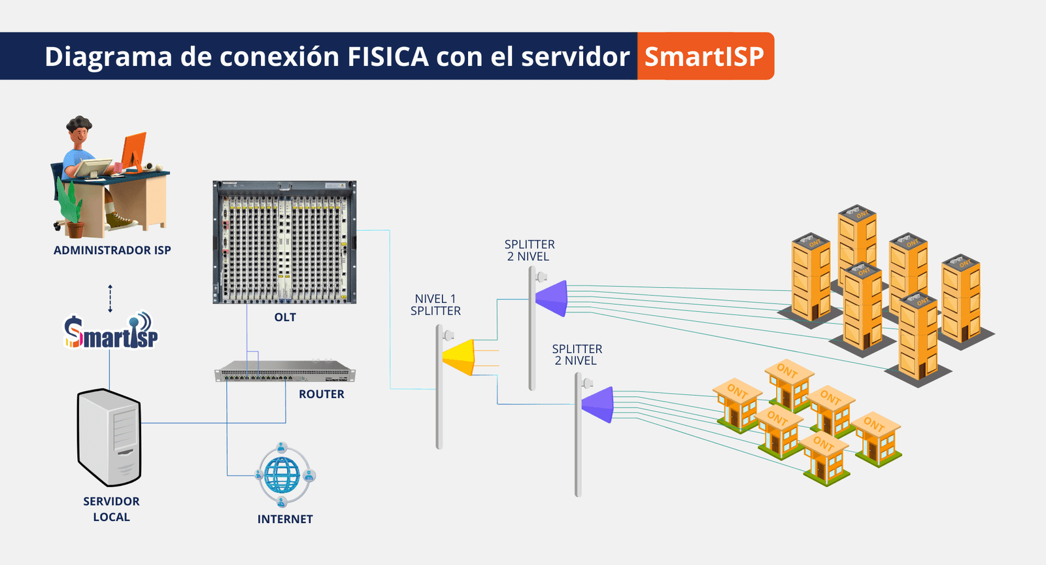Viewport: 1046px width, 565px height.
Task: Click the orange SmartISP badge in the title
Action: (705, 56)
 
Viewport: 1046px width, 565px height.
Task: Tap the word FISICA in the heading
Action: (388, 57)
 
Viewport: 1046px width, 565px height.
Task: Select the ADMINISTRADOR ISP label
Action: (112, 250)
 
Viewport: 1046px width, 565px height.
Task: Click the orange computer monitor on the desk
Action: (134, 152)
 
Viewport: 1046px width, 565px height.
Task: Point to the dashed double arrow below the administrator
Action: (110, 298)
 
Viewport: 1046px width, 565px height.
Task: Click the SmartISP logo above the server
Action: (111, 332)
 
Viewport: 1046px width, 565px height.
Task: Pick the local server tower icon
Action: (109, 437)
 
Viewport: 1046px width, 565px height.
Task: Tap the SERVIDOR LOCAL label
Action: (111, 509)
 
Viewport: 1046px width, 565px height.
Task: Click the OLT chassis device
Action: (284, 242)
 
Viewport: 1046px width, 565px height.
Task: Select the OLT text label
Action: (285, 317)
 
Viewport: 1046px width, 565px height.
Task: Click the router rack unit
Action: (285, 372)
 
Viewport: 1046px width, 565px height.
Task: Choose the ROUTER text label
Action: (321, 394)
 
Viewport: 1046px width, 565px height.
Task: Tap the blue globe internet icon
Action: (282, 475)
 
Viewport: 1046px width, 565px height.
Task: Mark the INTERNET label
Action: (285, 519)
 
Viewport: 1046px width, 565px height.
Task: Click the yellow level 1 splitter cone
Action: (460, 357)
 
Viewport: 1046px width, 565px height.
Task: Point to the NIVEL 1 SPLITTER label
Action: (435, 305)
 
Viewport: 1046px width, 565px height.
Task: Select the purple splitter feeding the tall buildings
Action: (552, 298)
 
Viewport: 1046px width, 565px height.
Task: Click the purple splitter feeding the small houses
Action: (598, 404)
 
